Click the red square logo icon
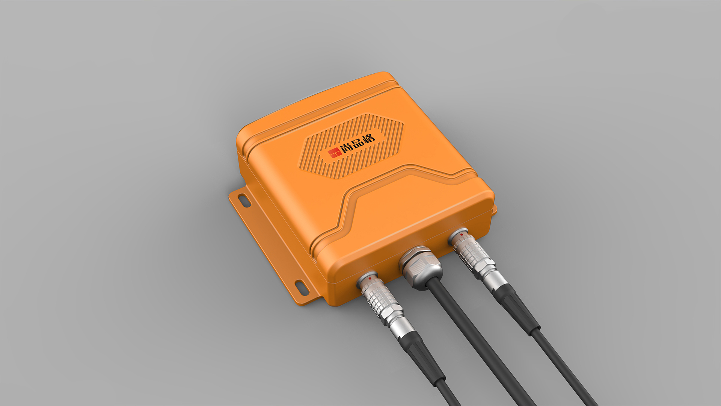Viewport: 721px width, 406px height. [334, 153]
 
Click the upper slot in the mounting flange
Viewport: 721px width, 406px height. [244, 200]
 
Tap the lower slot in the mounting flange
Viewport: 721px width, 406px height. [302, 287]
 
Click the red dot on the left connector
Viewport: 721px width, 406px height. [370, 279]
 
